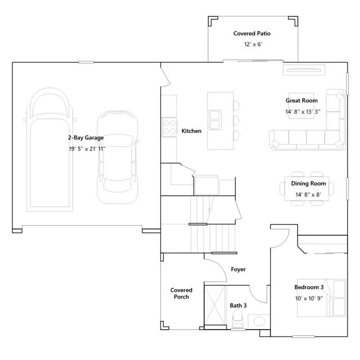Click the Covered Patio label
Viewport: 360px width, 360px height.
tap(252, 34)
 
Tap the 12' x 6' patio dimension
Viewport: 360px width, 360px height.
tap(252, 44)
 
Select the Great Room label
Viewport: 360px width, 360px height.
tap(301, 101)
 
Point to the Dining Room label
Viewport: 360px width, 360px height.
tap(308, 184)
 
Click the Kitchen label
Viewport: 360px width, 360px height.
tap(191, 131)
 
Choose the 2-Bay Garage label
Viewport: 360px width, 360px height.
tap(85, 138)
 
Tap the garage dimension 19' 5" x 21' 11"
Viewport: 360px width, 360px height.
tap(86, 149)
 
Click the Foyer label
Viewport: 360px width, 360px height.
tap(238, 269)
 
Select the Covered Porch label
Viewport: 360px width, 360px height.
tap(181, 294)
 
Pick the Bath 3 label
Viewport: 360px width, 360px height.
tap(238, 305)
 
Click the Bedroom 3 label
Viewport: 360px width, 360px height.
tap(309, 287)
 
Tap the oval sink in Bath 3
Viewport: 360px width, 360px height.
tap(258, 322)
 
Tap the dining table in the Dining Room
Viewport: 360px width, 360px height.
tap(308, 188)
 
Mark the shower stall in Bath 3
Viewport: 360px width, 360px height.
tap(214, 306)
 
